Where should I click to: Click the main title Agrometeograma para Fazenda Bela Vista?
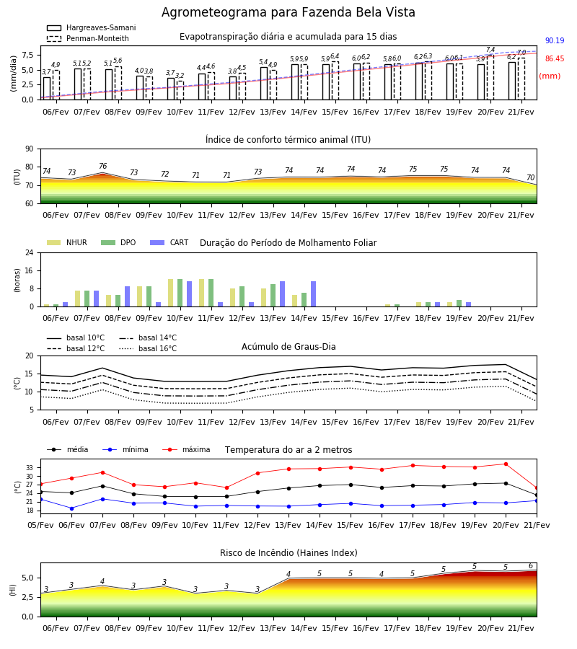point(288,12)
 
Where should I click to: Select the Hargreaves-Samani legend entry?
point(92,27)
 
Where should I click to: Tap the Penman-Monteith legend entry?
point(88,38)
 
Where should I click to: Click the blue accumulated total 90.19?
point(555,40)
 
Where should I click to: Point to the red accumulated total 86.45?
point(555,59)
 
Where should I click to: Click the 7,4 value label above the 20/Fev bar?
point(490,50)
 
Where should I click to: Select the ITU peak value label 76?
point(102,166)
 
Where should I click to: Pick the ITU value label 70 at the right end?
point(530,177)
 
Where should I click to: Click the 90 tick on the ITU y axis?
point(30,149)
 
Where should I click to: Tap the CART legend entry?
point(169,242)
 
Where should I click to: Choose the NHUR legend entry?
point(67,242)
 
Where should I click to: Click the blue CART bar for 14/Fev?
point(313,294)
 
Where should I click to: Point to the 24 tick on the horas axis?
point(30,252)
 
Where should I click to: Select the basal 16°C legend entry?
point(148,348)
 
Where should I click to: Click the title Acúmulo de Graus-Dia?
point(288,347)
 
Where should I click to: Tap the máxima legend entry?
point(186,449)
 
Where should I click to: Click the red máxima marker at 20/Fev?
point(506,464)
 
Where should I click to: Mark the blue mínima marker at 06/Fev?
point(71,508)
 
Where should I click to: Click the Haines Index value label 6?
point(531,566)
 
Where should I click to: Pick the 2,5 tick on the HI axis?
point(28,597)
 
